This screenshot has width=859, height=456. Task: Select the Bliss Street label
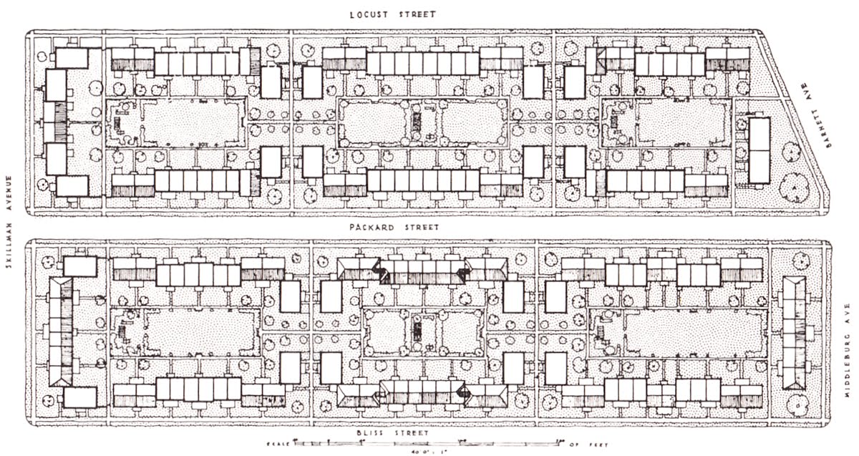(x=392, y=434)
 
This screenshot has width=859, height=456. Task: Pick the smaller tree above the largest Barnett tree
(x=791, y=151)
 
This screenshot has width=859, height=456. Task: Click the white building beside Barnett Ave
(x=759, y=150)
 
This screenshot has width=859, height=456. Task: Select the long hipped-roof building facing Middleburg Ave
(x=793, y=333)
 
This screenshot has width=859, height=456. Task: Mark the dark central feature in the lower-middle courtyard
(x=417, y=331)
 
